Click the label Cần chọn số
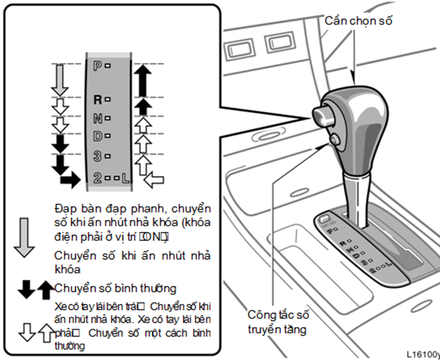point(359,21)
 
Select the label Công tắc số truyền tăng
point(278,323)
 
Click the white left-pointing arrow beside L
point(153,179)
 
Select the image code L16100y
point(423,353)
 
